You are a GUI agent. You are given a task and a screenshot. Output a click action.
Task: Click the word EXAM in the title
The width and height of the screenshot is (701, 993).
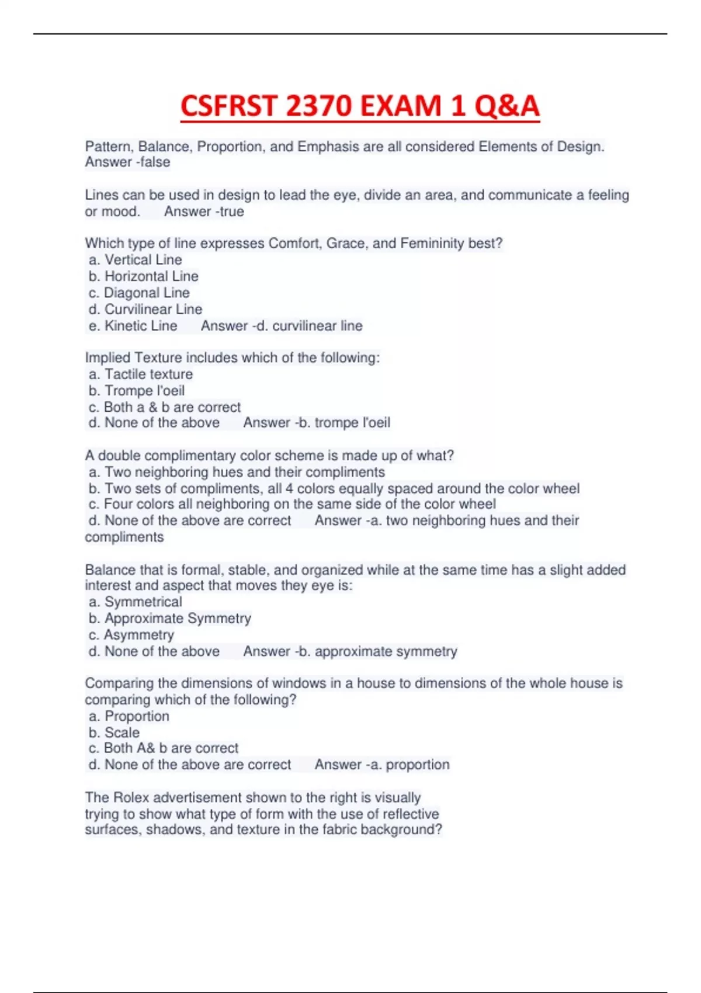tap(403, 106)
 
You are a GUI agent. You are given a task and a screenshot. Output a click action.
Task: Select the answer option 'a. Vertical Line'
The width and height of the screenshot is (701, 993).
tap(135, 259)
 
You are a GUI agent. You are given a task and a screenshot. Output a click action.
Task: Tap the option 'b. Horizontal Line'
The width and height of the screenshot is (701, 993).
tap(143, 276)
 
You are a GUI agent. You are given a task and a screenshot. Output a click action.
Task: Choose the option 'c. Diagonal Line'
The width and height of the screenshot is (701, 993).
tap(139, 292)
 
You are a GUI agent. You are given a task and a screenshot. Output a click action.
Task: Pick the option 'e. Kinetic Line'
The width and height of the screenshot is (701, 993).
tap(133, 325)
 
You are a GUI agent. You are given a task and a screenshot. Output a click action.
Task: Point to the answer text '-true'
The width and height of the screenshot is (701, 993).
tap(230, 211)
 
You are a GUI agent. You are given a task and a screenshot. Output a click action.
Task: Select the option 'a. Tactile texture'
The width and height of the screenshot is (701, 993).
tap(140, 374)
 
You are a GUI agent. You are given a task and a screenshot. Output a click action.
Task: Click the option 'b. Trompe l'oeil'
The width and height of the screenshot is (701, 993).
tap(136, 390)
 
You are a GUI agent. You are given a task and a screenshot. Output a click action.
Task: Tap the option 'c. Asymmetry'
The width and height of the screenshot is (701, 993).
tap(131, 634)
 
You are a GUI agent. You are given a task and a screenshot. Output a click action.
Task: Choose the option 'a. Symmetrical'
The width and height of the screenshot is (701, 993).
tap(135, 602)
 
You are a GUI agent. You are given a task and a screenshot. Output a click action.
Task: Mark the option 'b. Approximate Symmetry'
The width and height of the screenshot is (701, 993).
tap(169, 618)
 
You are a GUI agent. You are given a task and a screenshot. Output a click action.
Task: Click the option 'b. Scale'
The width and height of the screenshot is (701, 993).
tap(114, 732)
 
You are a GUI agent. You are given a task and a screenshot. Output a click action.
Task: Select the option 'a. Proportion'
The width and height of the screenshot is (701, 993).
tap(129, 716)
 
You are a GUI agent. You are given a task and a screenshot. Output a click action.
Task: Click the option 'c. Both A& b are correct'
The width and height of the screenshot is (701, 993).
tap(163, 748)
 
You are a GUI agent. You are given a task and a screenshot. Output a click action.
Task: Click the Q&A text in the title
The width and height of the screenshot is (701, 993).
tap(506, 106)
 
